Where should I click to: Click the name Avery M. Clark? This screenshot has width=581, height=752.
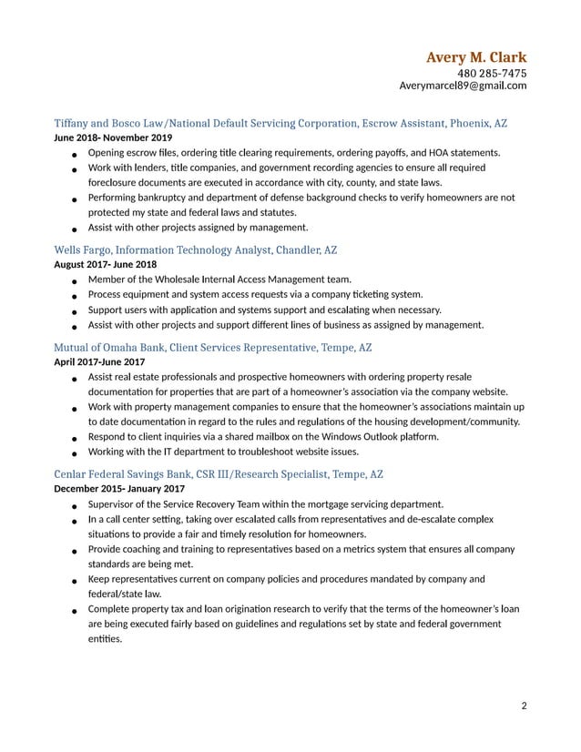point(475,58)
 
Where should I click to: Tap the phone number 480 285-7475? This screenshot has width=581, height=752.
point(491,74)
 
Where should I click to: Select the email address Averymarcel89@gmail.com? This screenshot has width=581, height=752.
point(463,86)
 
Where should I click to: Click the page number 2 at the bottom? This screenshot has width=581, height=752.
point(524,705)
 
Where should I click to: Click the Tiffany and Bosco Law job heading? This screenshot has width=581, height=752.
point(280,122)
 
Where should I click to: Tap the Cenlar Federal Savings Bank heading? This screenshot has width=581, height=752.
point(219,474)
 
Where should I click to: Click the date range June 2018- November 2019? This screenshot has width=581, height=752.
point(113,137)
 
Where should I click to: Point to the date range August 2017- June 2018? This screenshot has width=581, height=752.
point(106,265)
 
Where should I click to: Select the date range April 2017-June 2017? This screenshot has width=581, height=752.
point(99,362)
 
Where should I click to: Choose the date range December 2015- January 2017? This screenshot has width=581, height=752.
point(119,489)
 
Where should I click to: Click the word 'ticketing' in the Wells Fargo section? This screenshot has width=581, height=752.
point(376,294)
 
